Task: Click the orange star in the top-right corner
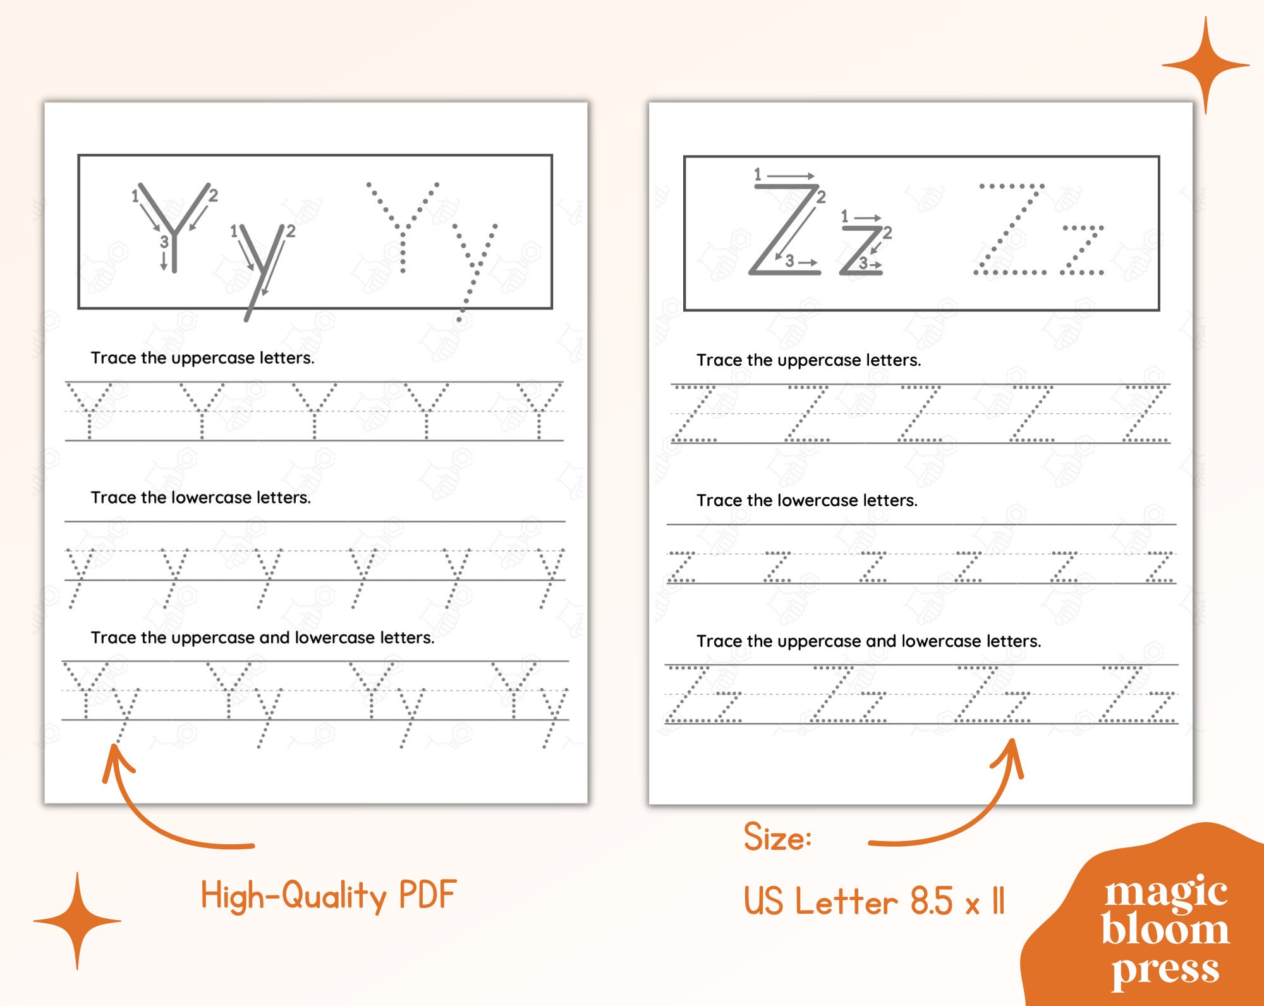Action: [1205, 66]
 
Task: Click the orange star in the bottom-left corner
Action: [77, 921]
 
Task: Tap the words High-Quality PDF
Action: [328, 896]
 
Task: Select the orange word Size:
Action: [777, 838]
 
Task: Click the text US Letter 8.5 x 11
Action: [873, 901]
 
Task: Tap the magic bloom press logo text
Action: [1165, 929]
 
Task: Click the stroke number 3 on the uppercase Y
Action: [164, 241]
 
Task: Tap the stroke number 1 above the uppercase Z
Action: [758, 174]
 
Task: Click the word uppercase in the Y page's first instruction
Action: [213, 358]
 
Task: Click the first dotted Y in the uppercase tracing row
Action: [89, 411]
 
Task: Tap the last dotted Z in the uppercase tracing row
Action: [1145, 414]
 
